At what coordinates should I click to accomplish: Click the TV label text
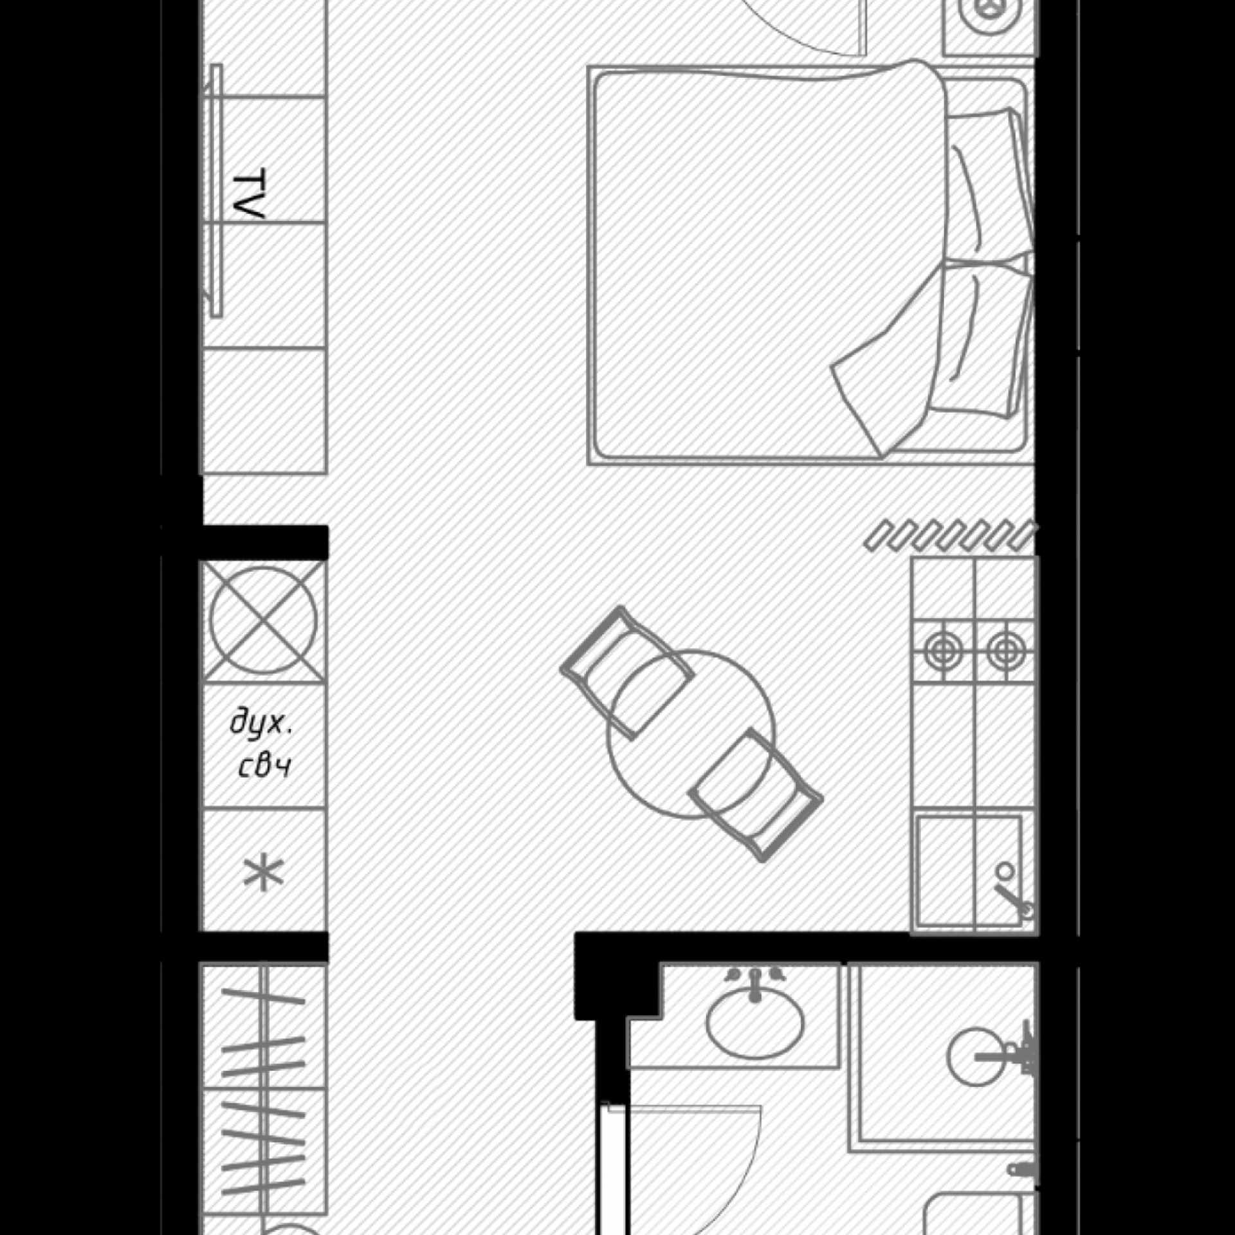point(248,194)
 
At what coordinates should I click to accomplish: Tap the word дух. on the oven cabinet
point(261,725)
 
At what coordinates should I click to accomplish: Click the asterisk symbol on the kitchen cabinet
point(263,873)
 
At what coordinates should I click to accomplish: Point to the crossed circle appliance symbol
point(264,621)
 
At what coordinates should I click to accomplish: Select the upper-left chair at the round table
point(627,672)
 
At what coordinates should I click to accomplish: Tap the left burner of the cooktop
point(940,651)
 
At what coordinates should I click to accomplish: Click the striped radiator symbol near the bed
point(950,536)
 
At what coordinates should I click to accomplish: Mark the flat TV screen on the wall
point(216,190)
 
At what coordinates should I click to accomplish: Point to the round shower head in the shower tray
point(976,1056)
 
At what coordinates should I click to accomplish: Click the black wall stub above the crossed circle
point(264,542)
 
